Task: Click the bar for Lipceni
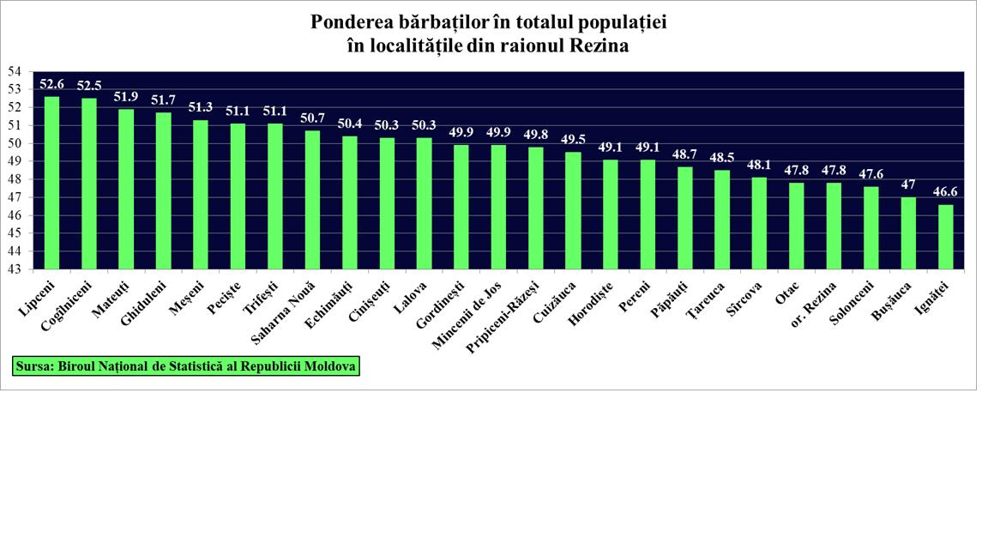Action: tap(52, 183)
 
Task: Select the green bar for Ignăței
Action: tap(945, 237)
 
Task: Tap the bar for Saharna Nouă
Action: tap(312, 200)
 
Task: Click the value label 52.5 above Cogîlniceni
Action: tap(89, 86)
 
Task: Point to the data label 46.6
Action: tap(946, 192)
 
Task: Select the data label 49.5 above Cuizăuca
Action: tap(573, 140)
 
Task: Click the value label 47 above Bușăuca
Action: tap(908, 184)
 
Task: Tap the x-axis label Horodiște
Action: tap(591, 305)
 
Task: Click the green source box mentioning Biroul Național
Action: tap(186, 366)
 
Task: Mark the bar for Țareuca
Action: tap(722, 220)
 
